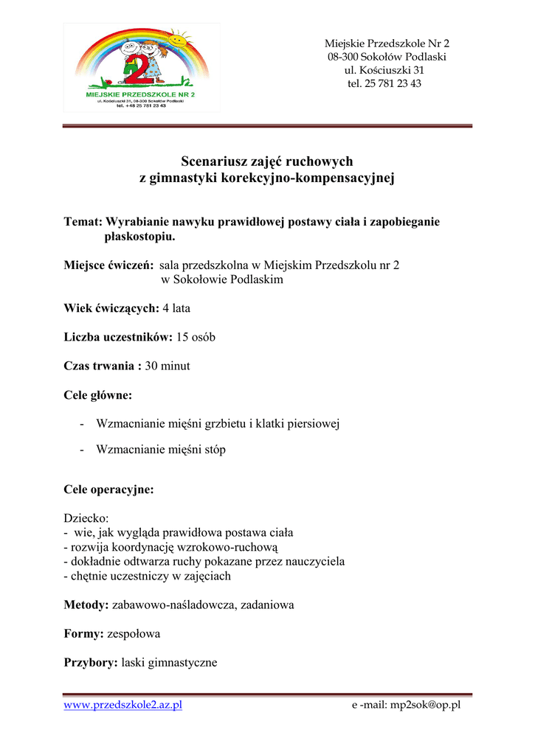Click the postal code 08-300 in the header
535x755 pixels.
[x=345, y=57]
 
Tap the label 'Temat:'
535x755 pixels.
[x=83, y=221]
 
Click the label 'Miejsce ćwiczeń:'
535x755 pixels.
[x=108, y=265]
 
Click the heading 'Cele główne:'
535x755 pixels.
[x=98, y=395]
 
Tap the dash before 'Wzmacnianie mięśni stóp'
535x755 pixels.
[x=80, y=450]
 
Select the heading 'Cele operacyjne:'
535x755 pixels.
[x=108, y=490]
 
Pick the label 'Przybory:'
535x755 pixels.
[x=91, y=662]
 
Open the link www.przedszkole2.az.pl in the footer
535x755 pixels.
[x=123, y=705]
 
